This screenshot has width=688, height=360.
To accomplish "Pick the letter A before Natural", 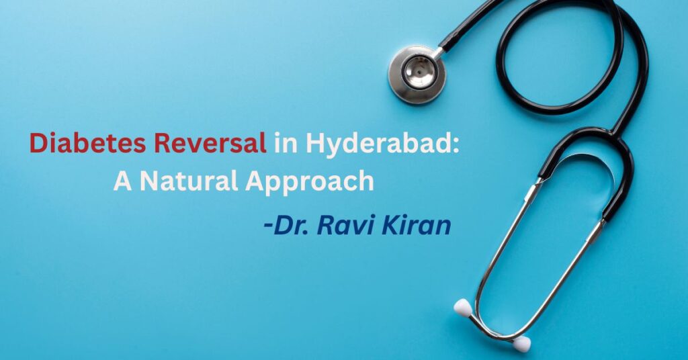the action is (122, 181).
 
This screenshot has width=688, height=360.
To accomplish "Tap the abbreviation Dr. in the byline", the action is (292, 225).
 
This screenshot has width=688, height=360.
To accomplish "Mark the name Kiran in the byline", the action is (416, 225).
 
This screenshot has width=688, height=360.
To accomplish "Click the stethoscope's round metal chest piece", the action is (417, 74).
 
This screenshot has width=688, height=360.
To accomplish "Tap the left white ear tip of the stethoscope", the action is (462, 308).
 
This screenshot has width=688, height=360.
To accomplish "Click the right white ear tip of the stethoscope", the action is (521, 344).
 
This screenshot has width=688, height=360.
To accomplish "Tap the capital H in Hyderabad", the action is (316, 143).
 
